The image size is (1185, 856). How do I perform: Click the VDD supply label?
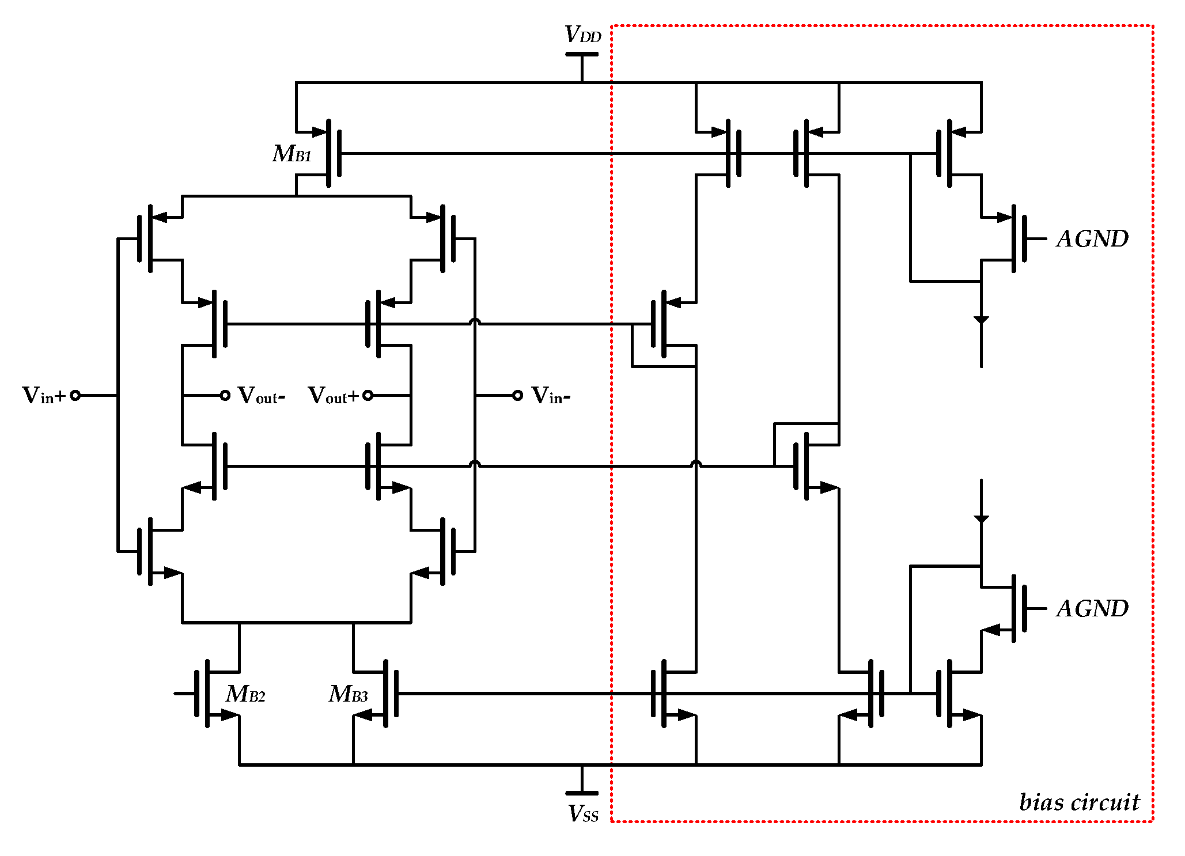[x=582, y=35]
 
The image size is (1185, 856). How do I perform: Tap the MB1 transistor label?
[x=292, y=154]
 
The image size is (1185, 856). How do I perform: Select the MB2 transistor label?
[x=245, y=694]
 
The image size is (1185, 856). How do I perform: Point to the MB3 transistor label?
[x=348, y=694]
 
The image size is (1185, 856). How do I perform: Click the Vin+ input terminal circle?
[x=75, y=395]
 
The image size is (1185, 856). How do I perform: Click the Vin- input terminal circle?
[x=517, y=395]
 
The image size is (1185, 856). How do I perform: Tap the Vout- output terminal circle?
[x=225, y=395]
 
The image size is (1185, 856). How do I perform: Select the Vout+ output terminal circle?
[x=368, y=395]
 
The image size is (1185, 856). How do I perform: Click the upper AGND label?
[x=1092, y=238]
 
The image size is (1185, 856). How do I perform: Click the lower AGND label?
[x=1092, y=608]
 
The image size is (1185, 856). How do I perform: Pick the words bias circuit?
[x=1078, y=802]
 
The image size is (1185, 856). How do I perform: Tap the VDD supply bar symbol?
[x=582, y=54]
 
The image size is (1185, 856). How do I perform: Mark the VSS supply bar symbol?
[x=582, y=793]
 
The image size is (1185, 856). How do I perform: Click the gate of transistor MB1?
[x=339, y=153]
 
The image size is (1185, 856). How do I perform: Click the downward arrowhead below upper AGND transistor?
[x=981, y=320]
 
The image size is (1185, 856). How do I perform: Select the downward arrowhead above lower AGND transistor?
[x=981, y=519]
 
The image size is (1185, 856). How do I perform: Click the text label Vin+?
[x=44, y=396]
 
